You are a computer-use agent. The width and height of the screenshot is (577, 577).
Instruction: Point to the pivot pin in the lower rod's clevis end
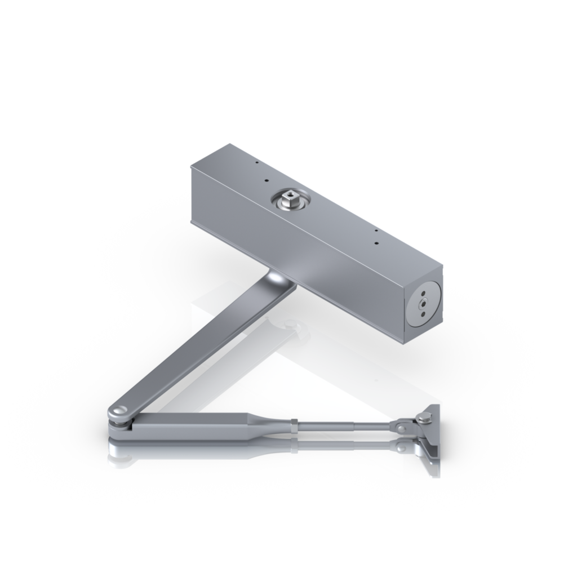pos(401,447)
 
